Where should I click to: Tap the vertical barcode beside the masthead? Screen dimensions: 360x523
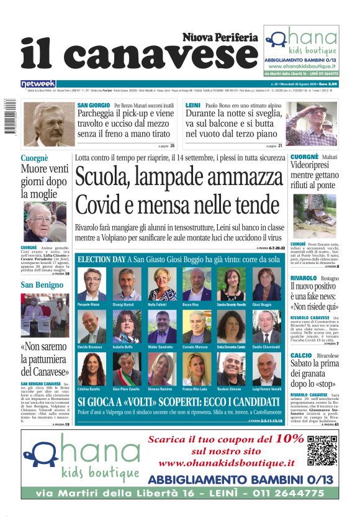9,118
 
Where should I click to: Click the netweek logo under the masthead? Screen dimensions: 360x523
38,84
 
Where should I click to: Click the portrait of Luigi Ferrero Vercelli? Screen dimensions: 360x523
266,369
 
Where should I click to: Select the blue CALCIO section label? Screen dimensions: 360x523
300,355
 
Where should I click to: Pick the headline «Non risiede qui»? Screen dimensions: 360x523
315,306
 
